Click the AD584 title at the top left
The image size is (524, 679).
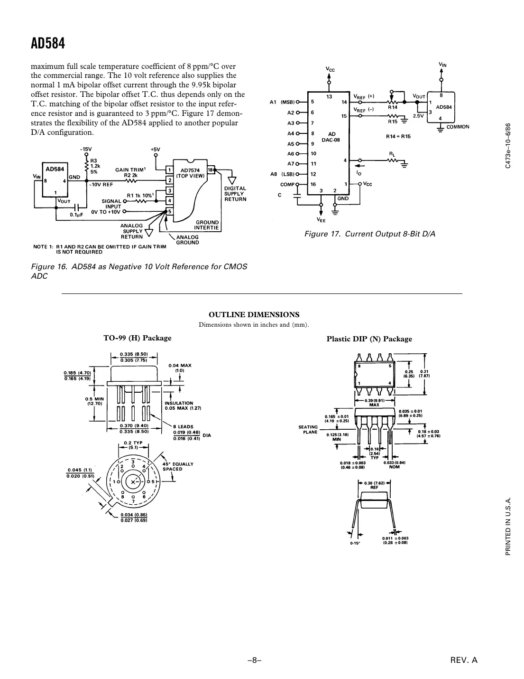48,44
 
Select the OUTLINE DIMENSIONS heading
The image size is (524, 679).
254,315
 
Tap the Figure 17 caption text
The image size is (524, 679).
369,234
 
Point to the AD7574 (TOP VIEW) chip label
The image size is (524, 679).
190,173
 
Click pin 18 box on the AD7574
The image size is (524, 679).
210,170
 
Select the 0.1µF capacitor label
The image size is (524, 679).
77,215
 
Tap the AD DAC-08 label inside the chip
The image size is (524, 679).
331,137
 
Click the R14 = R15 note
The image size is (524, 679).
398,136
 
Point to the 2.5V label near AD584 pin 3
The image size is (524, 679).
418,116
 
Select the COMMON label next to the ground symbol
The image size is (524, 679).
458,127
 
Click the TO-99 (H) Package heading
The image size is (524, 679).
138,338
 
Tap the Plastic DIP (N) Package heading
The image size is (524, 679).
369,339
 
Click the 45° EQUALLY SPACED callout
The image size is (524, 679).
177,466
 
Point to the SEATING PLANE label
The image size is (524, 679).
308,429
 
